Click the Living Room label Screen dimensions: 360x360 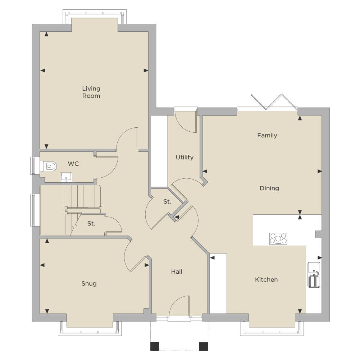91,92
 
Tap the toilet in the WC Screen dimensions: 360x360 48,166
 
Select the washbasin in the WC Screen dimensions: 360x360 66,177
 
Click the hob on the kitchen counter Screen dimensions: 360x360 278,238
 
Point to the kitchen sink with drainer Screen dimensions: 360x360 314,274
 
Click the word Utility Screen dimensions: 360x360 184,157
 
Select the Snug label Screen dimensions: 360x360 89,283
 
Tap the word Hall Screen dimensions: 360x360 177,272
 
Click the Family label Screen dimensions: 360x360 267,136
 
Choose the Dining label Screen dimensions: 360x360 269,188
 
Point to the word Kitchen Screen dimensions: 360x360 266,279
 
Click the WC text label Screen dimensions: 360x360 73,164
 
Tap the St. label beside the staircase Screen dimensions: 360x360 91,223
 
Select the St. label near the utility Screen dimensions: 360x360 167,202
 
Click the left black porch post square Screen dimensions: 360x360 155,346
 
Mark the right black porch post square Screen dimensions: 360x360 204,346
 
